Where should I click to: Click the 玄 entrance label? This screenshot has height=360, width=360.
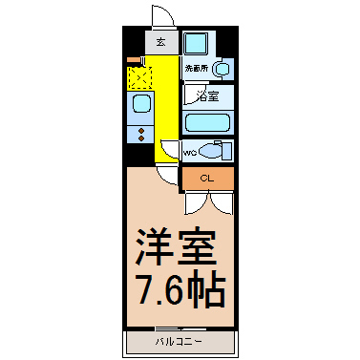click(159, 43)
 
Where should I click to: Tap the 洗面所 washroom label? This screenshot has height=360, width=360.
click(196, 69)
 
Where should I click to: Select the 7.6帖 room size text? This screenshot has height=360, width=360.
click(179, 287)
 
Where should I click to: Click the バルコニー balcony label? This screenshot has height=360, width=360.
click(179, 340)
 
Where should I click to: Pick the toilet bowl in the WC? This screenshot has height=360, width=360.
click(214, 151)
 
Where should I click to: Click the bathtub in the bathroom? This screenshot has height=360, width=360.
click(207, 122)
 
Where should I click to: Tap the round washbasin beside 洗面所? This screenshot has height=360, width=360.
click(222, 70)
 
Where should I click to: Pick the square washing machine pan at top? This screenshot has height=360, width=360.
click(198, 44)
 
